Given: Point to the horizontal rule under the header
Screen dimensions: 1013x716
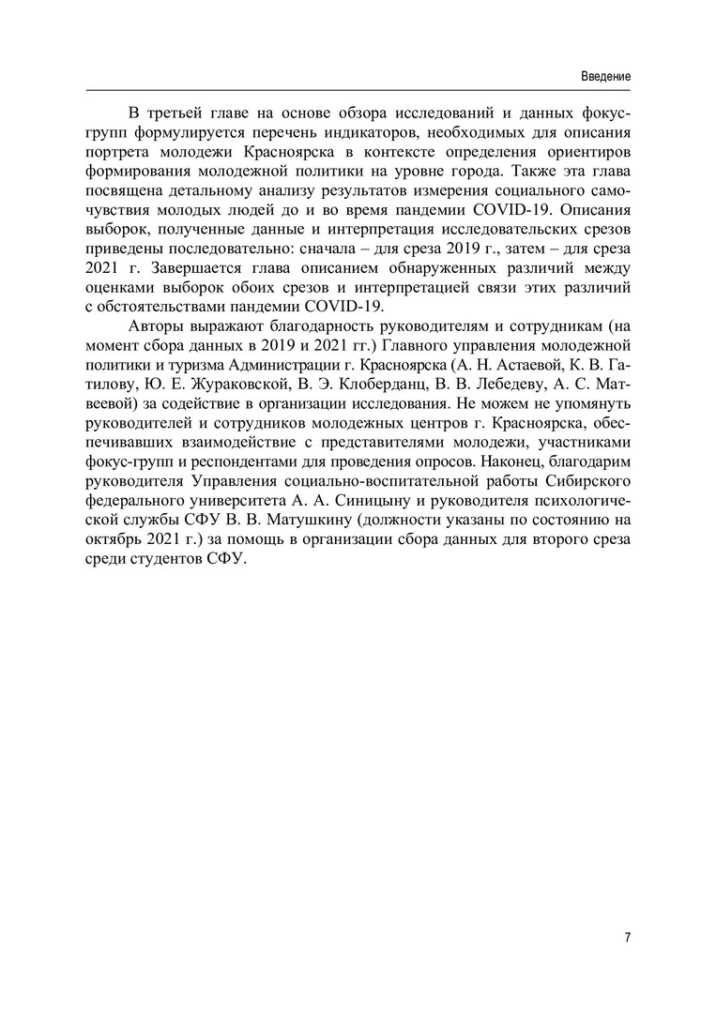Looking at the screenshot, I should tap(358, 89).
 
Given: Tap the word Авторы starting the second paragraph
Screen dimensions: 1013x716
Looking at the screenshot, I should tap(156, 326).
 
